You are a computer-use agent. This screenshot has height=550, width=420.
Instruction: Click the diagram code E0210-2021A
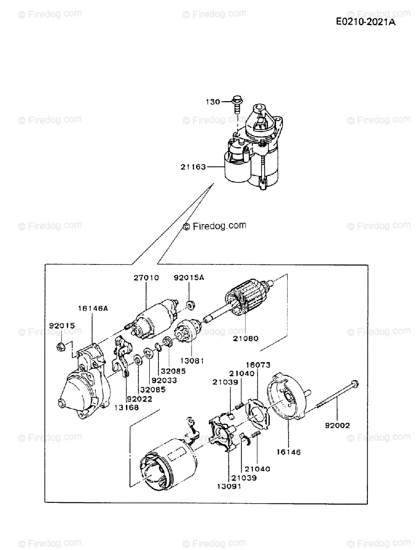point(365,22)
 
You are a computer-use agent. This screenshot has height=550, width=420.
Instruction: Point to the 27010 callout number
point(147,278)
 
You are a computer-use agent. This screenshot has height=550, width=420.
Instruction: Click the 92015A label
point(189,278)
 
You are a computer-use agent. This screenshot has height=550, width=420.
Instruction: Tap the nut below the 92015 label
point(60,347)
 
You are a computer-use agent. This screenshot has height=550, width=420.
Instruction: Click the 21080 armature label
point(245,339)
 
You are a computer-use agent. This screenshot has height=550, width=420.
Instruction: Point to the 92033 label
point(164,380)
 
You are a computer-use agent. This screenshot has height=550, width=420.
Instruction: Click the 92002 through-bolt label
point(338,425)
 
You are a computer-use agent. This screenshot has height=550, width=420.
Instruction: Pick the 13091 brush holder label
point(228,486)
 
